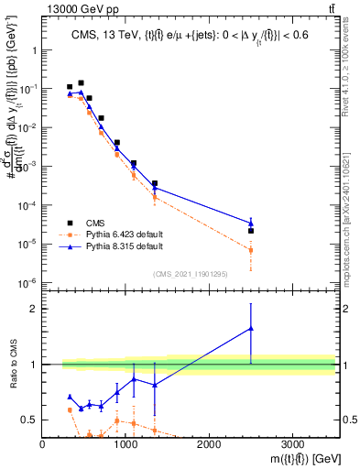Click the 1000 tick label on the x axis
[125, 442]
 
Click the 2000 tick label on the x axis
[209, 442]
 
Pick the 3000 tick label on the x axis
[292, 442]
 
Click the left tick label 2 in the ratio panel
[35, 309]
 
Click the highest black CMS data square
[81, 83]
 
